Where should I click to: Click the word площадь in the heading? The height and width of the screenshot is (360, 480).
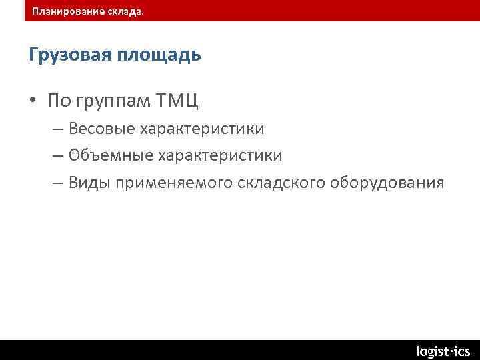coord(159,55)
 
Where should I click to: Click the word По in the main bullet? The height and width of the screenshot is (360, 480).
coord(59,101)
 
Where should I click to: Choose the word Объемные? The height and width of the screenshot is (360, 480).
coord(111,155)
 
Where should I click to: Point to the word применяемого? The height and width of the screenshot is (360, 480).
coord(174,183)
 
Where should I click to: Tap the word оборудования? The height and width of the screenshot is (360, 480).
coord(387,183)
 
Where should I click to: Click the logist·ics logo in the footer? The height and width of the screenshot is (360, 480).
coord(443,351)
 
